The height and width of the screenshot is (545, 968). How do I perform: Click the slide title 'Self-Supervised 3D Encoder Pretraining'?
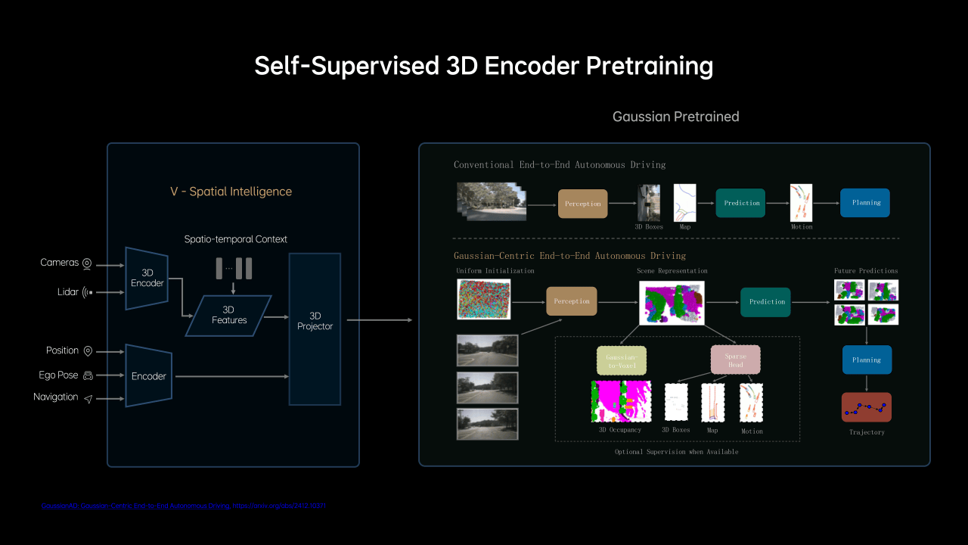pyautogui.click(x=483, y=66)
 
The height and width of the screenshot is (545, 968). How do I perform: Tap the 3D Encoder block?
pyautogui.click(x=147, y=278)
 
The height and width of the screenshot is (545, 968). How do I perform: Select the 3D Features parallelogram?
pyautogui.click(x=229, y=315)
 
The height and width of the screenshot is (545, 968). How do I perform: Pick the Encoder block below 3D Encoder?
pyautogui.click(x=148, y=375)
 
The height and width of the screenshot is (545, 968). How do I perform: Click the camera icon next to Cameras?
pyautogui.click(x=88, y=263)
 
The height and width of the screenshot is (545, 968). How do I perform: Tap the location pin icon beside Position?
pyautogui.click(x=88, y=351)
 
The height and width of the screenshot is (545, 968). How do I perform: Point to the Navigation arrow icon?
pyautogui.click(x=88, y=398)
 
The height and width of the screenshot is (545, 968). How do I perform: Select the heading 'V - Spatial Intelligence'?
pyautogui.click(x=231, y=192)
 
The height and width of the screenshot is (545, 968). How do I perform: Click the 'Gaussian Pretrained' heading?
pyautogui.click(x=675, y=117)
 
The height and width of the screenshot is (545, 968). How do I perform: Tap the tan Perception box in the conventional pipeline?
pyautogui.click(x=583, y=204)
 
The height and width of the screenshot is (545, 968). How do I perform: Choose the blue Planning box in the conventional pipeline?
pyautogui.click(x=865, y=203)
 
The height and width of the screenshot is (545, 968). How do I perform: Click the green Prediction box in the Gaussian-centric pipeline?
pyautogui.click(x=765, y=302)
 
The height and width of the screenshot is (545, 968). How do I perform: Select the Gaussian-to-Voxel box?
pyautogui.click(x=621, y=360)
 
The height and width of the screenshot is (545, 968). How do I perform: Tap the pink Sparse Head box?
pyautogui.click(x=735, y=360)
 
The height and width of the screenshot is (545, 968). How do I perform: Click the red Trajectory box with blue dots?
pyautogui.click(x=866, y=407)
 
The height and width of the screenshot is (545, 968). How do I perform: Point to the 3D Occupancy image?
pyautogui.click(x=620, y=401)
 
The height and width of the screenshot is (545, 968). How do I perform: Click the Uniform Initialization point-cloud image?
pyautogui.click(x=484, y=299)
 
